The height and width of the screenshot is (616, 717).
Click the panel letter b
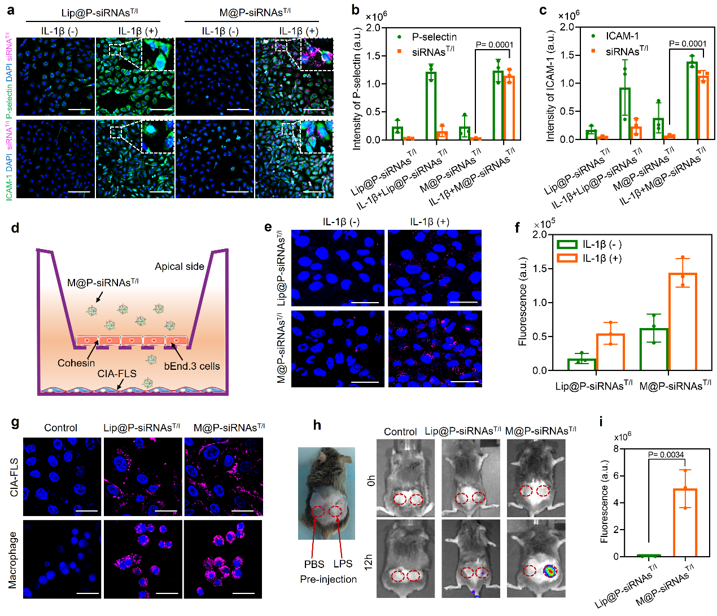coord(355,10)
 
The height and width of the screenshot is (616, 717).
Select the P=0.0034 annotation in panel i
coord(666,455)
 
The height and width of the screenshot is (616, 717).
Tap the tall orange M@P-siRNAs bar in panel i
coord(685,522)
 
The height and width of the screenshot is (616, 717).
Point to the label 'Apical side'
coord(180,267)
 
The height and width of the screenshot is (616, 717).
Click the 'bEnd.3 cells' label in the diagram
coord(192,366)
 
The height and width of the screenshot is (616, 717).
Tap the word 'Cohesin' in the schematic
coord(76,363)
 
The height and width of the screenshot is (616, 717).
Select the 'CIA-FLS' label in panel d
coord(117,374)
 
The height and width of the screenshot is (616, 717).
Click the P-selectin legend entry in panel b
coord(434,37)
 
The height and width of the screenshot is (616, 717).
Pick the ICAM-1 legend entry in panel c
coord(622,36)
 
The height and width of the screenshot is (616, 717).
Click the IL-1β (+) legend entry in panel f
coord(602,258)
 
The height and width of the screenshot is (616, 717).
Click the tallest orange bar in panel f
coord(683,322)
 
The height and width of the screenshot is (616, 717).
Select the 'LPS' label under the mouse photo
coord(343,564)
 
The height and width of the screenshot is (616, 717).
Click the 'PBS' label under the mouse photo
coord(314,564)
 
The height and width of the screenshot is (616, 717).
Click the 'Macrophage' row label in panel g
coord(13,560)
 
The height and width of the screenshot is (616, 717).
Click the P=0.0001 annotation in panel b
coord(495,45)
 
